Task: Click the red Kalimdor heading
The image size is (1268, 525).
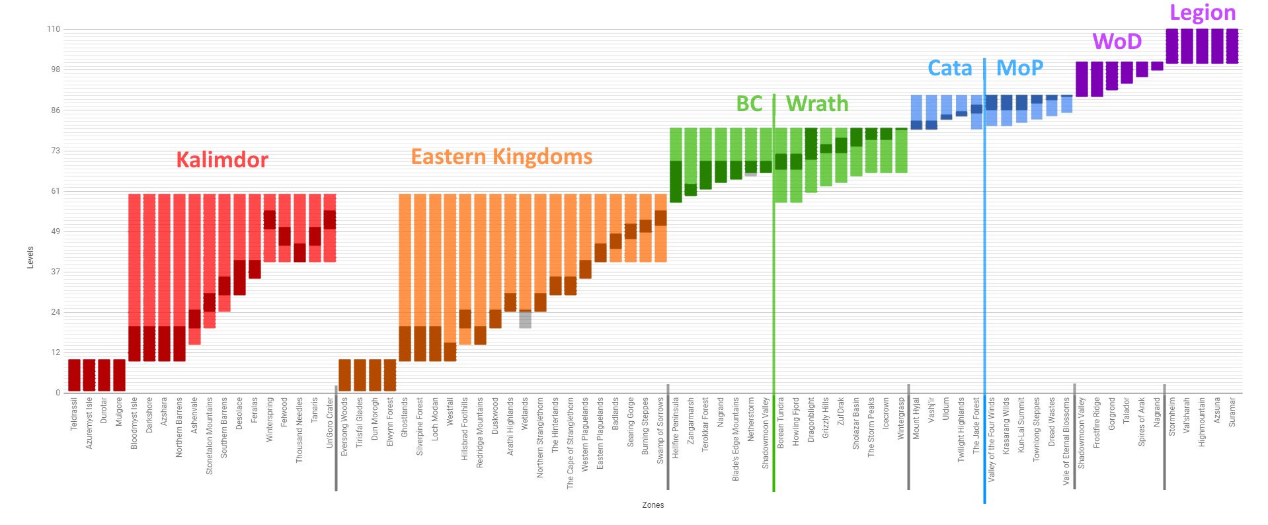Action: click(x=222, y=160)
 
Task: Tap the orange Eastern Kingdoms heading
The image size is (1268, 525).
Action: click(x=501, y=157)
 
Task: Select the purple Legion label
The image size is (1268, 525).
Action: click(x=1202, y=13)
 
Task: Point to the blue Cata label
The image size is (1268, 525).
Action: click(x=949, y=68)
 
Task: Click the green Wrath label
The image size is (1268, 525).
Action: click(x=816, y=104)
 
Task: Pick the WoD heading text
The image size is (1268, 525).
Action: click(x=1117, y=42)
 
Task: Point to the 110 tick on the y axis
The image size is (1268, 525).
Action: click(x=53, y=29)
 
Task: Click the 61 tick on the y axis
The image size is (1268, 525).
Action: click(x=56, y=191)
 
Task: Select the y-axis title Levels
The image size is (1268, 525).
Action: click(x=30, y=257)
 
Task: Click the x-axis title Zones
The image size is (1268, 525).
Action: click(x=653, y=505)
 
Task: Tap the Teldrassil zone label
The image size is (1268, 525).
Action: click(x=74, y=415)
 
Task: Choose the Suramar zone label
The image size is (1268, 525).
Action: click(x=1232, y=412)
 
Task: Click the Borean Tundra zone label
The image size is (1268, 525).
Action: click(x=781, y=423)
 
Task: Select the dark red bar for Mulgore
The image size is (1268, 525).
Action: click(x=119, y=375)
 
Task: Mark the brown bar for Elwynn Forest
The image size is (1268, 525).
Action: click(x=390, y=375)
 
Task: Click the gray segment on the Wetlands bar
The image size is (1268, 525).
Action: click(x=525, y=320)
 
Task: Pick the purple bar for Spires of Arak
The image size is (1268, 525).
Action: click(x=1142, y=69)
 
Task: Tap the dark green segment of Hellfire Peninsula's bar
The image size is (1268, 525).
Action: click(x=676, y=181)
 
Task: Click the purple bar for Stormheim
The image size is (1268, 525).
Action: click(x=1171, y=46)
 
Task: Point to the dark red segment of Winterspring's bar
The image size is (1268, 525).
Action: click(x=270, y=220)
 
